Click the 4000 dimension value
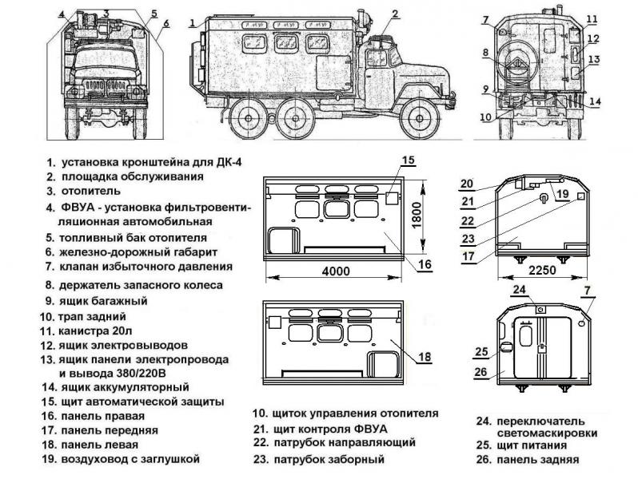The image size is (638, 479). [x=336, y=271]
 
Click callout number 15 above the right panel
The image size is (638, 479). [x=408, y=160]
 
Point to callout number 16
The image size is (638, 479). [x=425, y=264]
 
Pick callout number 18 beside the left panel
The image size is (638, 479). [x=424, y=357]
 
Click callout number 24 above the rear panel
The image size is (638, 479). [x=520, y=290]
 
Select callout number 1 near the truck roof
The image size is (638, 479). [x=193, y=25]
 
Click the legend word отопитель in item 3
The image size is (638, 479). [x=90, y=191]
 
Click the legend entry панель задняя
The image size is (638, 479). [x=537, y=460]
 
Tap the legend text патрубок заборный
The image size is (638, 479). [x=329, y=459]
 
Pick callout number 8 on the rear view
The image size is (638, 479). [x=484, y=53]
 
